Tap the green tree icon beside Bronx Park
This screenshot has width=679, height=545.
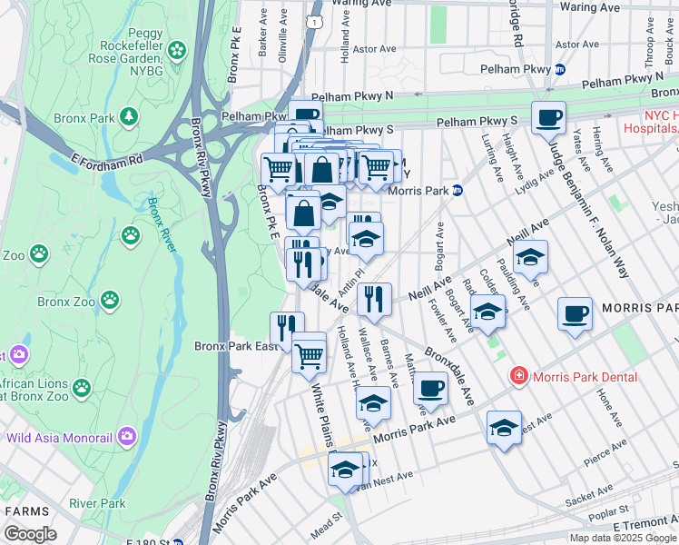coord(130,116)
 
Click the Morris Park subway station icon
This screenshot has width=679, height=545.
coord(458,191)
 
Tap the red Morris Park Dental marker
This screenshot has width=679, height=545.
coord(518,375)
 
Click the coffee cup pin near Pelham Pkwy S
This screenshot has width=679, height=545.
coord(548,117)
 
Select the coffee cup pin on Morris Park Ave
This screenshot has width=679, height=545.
coord(430,388)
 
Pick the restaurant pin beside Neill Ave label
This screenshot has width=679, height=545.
coord(373,297)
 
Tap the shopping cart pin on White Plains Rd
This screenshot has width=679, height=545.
coord(310,353)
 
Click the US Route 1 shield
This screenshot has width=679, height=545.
coord(314,20)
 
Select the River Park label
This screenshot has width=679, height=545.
coord(98,503)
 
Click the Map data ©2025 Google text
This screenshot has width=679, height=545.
coord(621,538)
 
